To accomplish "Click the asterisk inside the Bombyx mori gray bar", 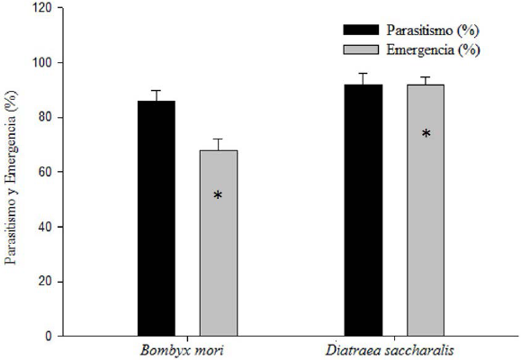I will [218, 195].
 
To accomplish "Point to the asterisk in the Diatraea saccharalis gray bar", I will [426, 134].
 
